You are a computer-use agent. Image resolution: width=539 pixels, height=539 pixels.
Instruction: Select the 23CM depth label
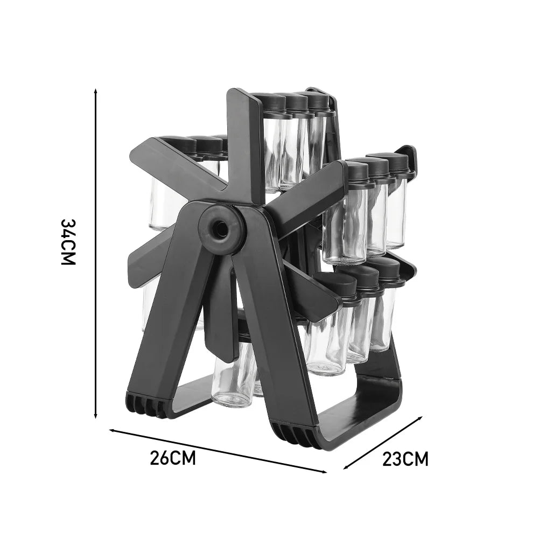tap(405, 459)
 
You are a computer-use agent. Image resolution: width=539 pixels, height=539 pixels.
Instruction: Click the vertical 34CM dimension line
tap(96, 253)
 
